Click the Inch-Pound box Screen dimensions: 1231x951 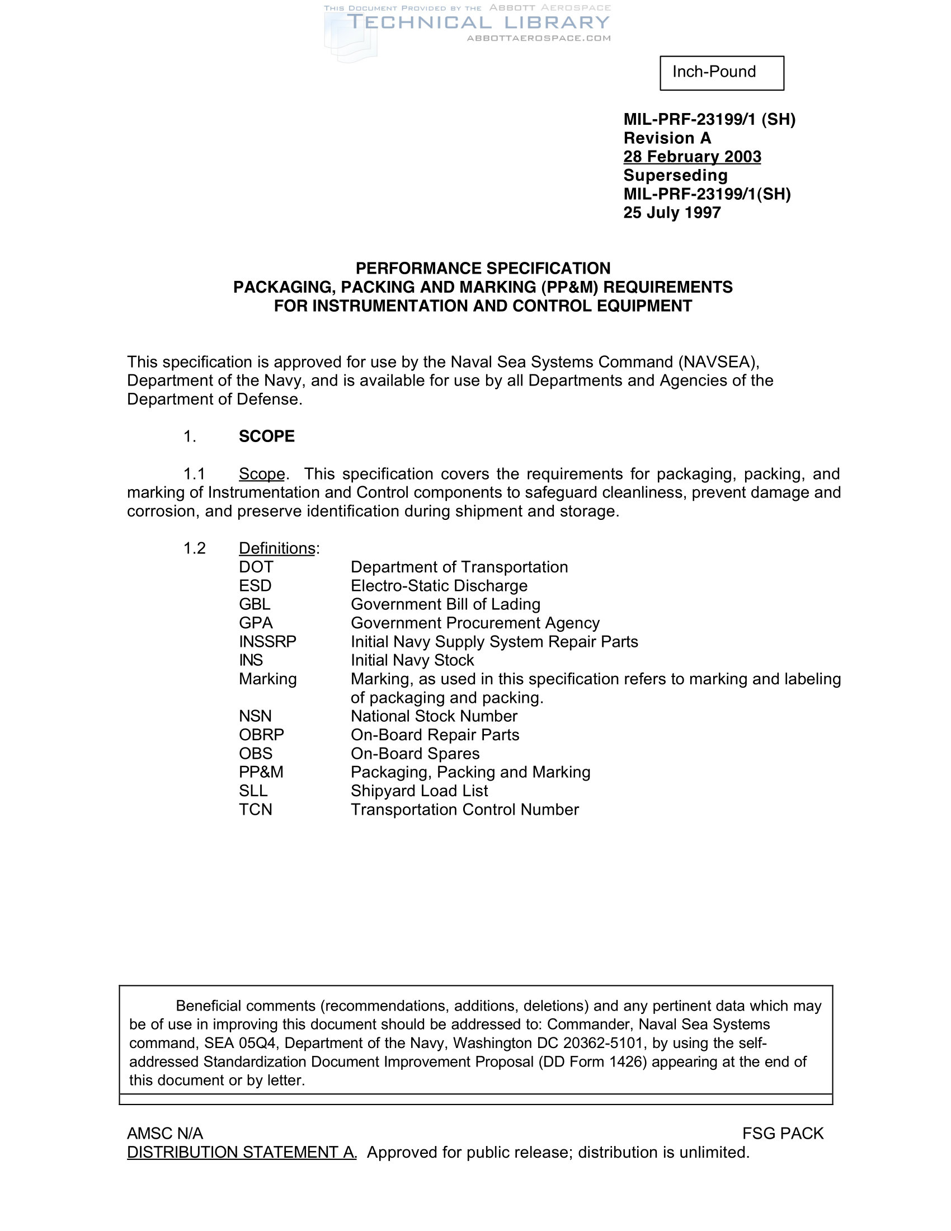[721, 73]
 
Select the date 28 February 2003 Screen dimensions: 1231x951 [692, 157]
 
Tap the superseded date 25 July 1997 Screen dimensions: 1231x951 [671, 213]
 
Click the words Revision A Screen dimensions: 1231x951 [667, 138]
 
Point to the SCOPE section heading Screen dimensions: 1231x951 [266, 436]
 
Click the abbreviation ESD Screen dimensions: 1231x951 [255, 586]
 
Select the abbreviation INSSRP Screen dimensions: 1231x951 [267, 641]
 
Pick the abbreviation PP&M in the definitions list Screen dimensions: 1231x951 [261, 772]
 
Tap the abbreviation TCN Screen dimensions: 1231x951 [255, 810]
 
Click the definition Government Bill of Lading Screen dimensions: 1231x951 [445, 604]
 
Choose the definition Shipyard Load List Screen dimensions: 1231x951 [419, 791]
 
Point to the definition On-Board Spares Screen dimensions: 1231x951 [415, 754]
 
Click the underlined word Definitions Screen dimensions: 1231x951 [276, 548]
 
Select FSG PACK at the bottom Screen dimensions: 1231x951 [783, 1134]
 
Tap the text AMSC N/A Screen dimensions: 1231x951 [164, 1134]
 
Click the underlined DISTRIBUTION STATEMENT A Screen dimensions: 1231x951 [242, 1152]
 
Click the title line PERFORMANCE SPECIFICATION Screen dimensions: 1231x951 [483, 268]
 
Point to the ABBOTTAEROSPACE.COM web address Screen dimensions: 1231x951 [539, 38]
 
